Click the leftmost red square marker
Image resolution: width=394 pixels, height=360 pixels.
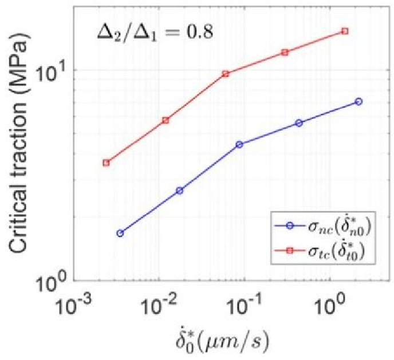click(x=106, y=163)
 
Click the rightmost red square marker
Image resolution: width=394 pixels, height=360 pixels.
click(x=345, y=31)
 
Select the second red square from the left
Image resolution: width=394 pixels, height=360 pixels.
click(x=166, y=120)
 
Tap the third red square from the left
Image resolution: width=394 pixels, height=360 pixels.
click(x=226, y=74)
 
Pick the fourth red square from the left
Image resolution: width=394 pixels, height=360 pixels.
click(x=285, y=52)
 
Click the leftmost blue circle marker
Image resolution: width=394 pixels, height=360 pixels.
click(x=120, y=233)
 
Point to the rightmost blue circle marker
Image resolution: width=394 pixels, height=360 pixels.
click(x=358, y=101)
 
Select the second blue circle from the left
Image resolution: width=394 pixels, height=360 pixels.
click(x=179, y=191)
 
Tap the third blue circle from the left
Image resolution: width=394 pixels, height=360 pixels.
click(x=239, y=144)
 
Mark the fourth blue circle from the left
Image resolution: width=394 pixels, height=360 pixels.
click(x=299, y=123)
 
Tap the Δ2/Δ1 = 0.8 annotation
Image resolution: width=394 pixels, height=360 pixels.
click(x=154, y=32)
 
